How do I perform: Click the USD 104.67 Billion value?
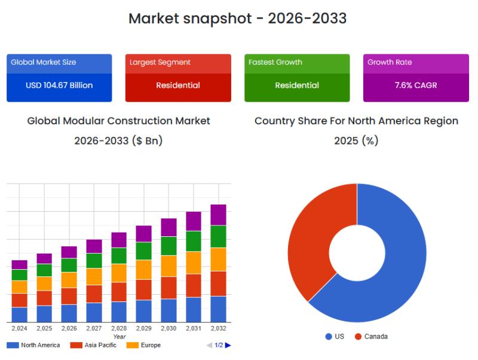click(x=59, y=85)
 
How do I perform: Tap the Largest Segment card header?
click(x=178, y=64)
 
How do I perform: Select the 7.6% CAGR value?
click(x=416, y=85)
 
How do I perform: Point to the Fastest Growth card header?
click(x=297, y=64)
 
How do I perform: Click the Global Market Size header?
click(x=59, y=64)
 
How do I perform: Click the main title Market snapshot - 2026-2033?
click(x=237, y=19)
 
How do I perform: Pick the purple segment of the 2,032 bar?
click(x=218, y=215)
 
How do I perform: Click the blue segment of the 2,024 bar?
click(x=20, y=315)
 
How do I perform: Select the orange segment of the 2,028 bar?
click(x=119, y=273)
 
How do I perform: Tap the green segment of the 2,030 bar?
click(x=168, y=246)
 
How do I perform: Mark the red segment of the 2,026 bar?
click(x=69, y=296)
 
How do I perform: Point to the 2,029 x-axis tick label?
click(x=144, y=328)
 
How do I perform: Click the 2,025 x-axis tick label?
click(x=44, y=328)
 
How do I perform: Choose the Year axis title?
click(x=119, y=337)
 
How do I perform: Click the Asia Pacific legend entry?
click(x=93, y=345)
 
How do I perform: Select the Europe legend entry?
click(x=143, y=345)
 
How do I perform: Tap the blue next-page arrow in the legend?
click(x=228, y=345)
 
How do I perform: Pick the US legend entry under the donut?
click(x=335, y=337)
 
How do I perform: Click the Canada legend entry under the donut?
click(x=371, y=337)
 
